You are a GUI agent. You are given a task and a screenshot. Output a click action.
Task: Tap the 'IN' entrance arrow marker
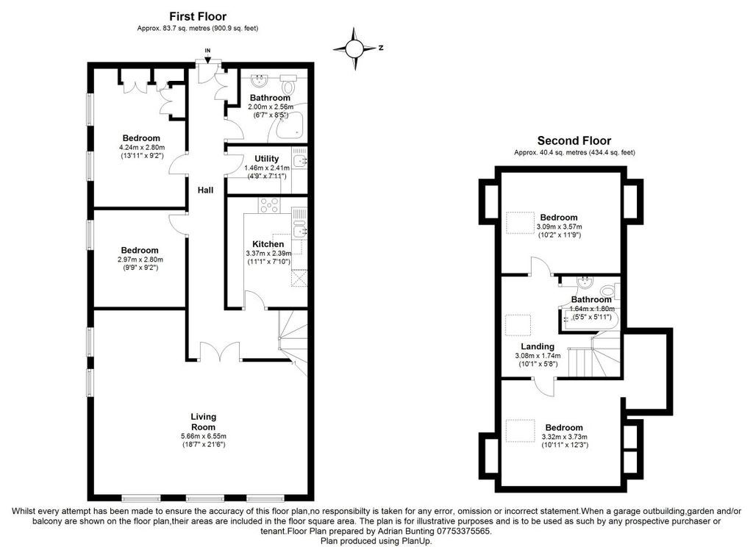click(x=207, y=53)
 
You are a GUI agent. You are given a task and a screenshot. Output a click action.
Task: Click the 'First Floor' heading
click(x=198, y=16)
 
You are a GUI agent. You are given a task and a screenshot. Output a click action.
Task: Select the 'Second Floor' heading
click(x=574, y=141)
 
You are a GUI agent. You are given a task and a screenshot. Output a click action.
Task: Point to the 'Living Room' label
click(x=203, y=422)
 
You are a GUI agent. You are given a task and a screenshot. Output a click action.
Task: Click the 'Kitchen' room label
click(x=268, y=244)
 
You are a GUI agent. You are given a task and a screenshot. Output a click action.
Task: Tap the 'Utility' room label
click(x=266, y=159)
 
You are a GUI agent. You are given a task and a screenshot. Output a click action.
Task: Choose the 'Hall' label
click(x=205, y=190)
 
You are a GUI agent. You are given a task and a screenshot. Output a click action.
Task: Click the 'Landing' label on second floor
click(x=538, y=346)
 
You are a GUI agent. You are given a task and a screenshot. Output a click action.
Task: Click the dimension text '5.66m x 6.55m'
click(x=203, y=436)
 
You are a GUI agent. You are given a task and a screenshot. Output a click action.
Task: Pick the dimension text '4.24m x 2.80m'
click(x=141, y=147)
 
